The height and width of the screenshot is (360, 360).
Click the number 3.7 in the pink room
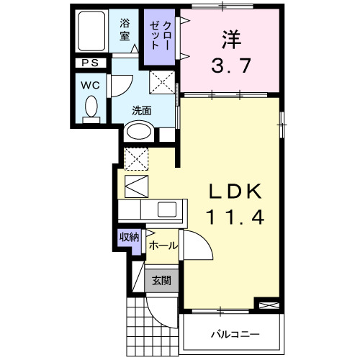pos(231,66)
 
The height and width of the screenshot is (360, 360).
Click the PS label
pos(90,63)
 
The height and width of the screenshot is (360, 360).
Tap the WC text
pos(90,84)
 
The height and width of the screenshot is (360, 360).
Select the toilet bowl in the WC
pos(91,108)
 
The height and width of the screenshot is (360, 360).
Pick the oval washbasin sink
pos(139,132)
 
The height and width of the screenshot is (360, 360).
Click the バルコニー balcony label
pos(234,335)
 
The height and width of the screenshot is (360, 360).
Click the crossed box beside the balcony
pos(267,307)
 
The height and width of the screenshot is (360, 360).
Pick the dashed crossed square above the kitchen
pos(135,158)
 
